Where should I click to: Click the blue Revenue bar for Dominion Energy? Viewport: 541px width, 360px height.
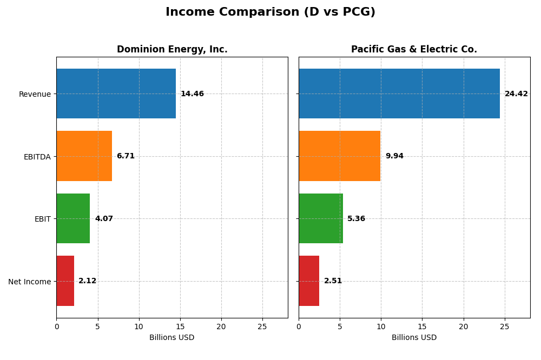116,94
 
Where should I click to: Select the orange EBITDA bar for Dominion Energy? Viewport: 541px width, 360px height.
84,156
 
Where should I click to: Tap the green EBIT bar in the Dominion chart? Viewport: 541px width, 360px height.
73,218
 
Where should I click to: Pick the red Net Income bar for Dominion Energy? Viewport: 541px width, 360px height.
65,281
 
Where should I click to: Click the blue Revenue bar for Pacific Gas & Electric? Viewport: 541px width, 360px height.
399,94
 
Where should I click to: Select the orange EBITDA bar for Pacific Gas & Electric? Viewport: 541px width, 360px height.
339,156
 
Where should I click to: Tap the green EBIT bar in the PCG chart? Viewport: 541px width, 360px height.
320,218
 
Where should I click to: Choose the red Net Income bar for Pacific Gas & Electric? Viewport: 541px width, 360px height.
309,281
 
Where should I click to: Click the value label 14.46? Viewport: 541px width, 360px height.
192,94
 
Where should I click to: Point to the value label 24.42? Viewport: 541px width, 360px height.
516,94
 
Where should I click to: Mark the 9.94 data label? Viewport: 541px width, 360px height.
394,156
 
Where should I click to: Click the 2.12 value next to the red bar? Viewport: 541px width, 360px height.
88,281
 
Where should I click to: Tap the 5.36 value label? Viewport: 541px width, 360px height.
356,219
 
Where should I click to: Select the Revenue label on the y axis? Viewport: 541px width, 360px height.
35,94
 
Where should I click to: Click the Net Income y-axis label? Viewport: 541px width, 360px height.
29,282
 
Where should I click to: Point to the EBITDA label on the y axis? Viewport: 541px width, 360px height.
37,157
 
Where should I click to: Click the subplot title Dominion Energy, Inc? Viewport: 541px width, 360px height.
172,50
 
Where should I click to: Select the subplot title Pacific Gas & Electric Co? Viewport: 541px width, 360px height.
414,50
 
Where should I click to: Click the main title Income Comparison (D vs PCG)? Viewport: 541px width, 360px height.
270,12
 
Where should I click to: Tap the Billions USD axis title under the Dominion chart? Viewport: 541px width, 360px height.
172,337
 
